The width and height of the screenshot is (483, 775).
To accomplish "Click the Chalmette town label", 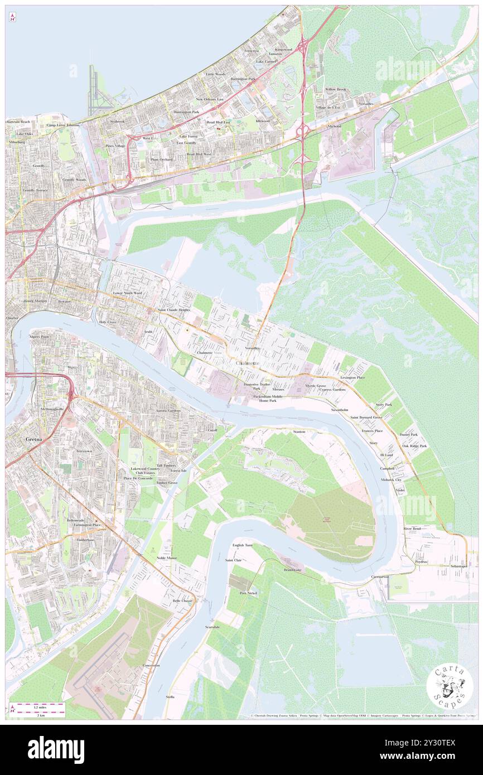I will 247,364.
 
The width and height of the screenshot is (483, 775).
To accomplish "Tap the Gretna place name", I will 33,439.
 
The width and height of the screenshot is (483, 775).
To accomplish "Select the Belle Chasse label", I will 182,600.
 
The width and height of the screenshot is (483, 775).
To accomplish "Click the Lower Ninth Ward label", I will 127,293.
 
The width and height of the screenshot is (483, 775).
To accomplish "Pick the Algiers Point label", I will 39,337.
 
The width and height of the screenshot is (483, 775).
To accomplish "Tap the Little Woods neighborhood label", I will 215,74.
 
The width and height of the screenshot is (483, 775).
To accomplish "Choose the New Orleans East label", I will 209,99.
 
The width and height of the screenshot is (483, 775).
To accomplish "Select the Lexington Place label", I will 352,377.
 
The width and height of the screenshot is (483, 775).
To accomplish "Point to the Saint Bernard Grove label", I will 366,417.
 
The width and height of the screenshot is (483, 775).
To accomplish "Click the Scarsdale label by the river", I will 212,627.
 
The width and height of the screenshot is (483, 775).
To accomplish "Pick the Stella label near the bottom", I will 170,697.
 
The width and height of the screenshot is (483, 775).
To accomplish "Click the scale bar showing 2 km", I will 37,710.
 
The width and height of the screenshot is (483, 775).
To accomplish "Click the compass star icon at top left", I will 12,18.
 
